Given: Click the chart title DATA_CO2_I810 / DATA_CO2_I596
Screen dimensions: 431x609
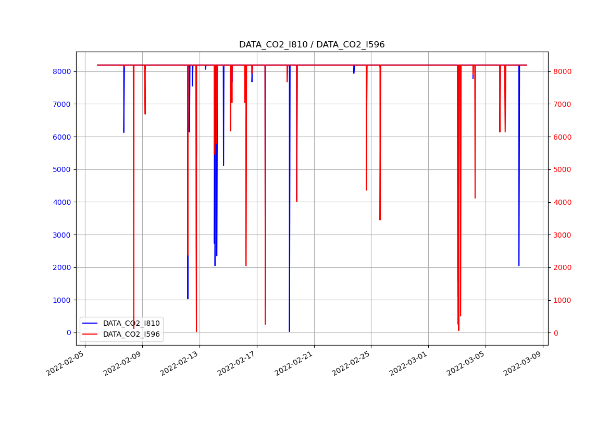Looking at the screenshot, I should tap(312, 45).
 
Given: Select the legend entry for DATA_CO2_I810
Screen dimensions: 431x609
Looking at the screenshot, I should tap(131, 323).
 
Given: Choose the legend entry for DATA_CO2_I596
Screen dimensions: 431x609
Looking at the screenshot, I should tap(131, 334).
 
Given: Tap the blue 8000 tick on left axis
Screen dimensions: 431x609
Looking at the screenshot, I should tap(61, 71).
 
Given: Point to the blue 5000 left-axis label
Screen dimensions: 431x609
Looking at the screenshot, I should tap(61, 169).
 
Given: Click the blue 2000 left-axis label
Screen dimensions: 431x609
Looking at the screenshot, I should tap(61, 267).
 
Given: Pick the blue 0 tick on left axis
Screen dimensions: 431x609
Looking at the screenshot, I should tap(68, 333).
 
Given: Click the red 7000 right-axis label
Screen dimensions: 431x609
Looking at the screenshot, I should tap(562, 104).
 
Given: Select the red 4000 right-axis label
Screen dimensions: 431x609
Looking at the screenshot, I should tap(562, 202).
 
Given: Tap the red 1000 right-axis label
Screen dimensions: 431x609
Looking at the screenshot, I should tap(562, 300).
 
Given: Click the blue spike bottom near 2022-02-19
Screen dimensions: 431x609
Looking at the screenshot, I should tap(289, 331).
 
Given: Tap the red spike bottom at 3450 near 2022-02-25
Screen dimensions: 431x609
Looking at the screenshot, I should tap(380, 219).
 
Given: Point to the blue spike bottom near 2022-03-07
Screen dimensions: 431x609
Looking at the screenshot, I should tap(518, 265).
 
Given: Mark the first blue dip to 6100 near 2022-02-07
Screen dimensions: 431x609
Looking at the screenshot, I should tap(123, 132).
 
